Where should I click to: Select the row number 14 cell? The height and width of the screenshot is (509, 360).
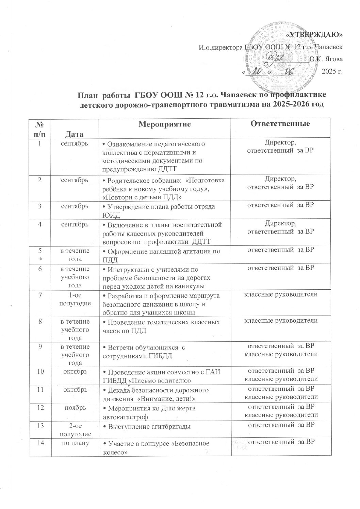(40, 442)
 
